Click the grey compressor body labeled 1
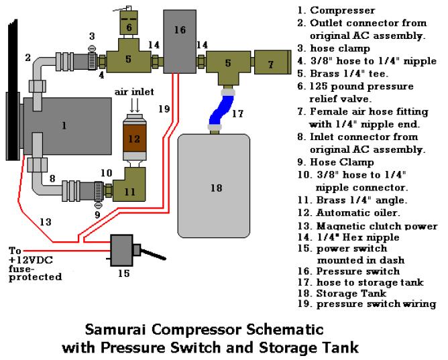pyautogui.click(x=64, y=125)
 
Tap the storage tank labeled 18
pyautogui.click(x=215, y=188)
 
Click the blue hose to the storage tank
pyautogui.click(x=219, y=109)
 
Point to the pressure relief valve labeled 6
pyautogui.click(x=129, y=26)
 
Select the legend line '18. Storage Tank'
pyautogui.click(x=332, y=293)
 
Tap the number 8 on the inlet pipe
pyautogui.click(x=51, y=179)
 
